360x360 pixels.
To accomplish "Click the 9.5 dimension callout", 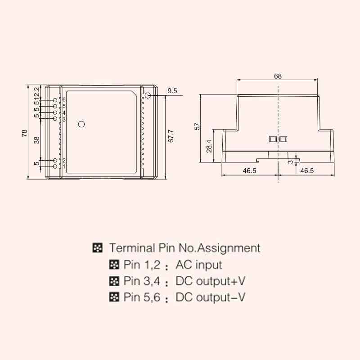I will coord(172,91).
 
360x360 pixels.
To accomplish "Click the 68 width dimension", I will coord(278,76).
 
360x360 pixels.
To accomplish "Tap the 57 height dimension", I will coord(197,127).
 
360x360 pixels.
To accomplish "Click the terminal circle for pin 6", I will coord(55,100).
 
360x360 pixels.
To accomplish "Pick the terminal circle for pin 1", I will coord(55,166).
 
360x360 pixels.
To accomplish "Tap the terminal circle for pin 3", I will coord(55,119).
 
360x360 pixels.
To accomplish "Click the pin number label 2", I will coord(64,161).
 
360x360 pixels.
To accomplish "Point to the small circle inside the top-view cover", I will coord(81,124).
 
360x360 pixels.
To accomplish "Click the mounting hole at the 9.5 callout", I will coord(148,95).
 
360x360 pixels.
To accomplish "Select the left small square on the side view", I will coord(272,139).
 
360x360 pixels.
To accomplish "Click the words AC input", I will coord(199,265).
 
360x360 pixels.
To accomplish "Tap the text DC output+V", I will coord(211,282).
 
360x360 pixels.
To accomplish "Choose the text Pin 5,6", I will coord(139,297).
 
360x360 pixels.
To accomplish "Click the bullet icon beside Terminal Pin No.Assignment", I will coord(97,247).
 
